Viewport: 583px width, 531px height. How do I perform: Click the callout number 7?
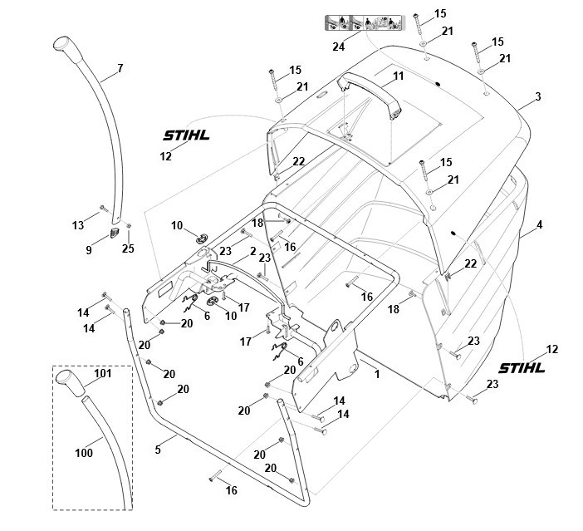[120, 68]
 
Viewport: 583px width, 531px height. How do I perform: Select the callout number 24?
[338, 47]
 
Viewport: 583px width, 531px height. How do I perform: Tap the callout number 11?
[398, 76]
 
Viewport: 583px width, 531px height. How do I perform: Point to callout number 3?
[538, 96]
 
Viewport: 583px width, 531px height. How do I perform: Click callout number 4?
[540, 224]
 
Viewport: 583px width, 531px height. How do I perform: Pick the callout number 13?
[78, 225]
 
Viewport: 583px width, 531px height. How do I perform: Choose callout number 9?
[89, 249]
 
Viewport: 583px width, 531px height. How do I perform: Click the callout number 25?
[128, 248]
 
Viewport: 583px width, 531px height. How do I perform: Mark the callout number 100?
[84, 453]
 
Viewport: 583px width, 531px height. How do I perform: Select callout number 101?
[103, 373]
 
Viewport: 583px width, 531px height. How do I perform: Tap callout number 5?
[158, 450]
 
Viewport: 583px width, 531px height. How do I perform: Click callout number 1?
[377, 374]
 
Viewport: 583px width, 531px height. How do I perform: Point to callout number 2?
[253, 252]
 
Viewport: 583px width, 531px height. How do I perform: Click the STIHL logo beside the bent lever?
[186, 135]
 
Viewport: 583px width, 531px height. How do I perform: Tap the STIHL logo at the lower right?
[522, 368]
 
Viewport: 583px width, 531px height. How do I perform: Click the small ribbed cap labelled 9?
[115, 232]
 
